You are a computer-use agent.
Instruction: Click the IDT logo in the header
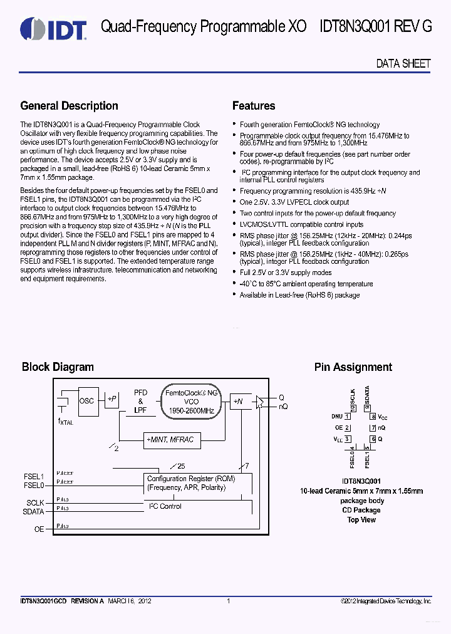[53, 28]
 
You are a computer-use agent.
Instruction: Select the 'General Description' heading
[69, 106]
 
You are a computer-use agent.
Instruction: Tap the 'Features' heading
[254, 106]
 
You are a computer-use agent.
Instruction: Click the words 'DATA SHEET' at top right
[403, 63]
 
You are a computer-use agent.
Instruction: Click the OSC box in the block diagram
[87, 400]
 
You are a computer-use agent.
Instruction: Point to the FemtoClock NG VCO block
[192, 402]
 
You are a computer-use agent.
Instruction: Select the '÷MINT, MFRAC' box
[170, 440]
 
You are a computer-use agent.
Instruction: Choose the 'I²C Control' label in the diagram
[165, 506]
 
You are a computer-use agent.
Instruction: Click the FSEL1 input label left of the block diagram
[33, 476]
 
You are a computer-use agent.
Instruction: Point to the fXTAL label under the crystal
[65, 422]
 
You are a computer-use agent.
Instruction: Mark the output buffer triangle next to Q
[259, 402]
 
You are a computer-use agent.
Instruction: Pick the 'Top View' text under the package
[361, 519]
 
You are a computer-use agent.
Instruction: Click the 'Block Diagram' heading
[58, 367]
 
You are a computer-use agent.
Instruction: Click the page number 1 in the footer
[229, 601]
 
